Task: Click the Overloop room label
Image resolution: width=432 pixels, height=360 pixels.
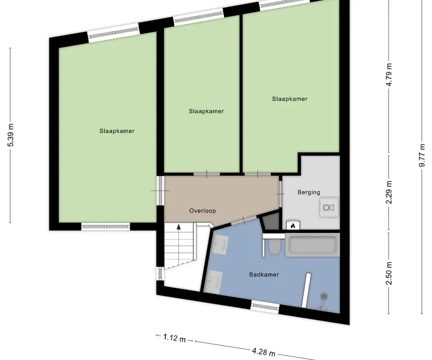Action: coord(203,211)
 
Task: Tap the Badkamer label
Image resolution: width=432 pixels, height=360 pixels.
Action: coord(264,275)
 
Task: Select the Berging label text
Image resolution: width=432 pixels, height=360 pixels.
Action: coord(309,192)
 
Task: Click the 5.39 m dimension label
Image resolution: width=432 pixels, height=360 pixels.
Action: coord(11,135)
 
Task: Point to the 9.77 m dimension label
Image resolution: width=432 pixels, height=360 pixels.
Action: coord(422,156)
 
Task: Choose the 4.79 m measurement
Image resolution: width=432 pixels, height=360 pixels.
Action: coord(389,75)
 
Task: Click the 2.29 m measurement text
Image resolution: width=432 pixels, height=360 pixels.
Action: coord(389,192)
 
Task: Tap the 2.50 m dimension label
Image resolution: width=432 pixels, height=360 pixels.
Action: coord(389,273)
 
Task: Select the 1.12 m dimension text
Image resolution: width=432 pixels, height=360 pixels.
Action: coord(174,338)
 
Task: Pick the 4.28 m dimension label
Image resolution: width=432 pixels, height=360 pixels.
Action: coord(264,351)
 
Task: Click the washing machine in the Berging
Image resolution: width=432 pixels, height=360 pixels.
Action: coord(329,207)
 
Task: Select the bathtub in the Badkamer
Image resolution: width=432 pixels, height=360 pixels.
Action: coord(312,245)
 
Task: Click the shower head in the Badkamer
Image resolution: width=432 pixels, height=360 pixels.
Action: coord(324,297)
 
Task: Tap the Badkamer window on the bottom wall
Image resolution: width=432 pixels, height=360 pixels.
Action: coord(265,306)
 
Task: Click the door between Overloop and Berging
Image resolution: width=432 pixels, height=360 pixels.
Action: coord(280,194)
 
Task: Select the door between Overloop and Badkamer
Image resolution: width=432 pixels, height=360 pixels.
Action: coord(243,220)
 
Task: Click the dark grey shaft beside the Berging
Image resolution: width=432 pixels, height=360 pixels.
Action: coord(271,222)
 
